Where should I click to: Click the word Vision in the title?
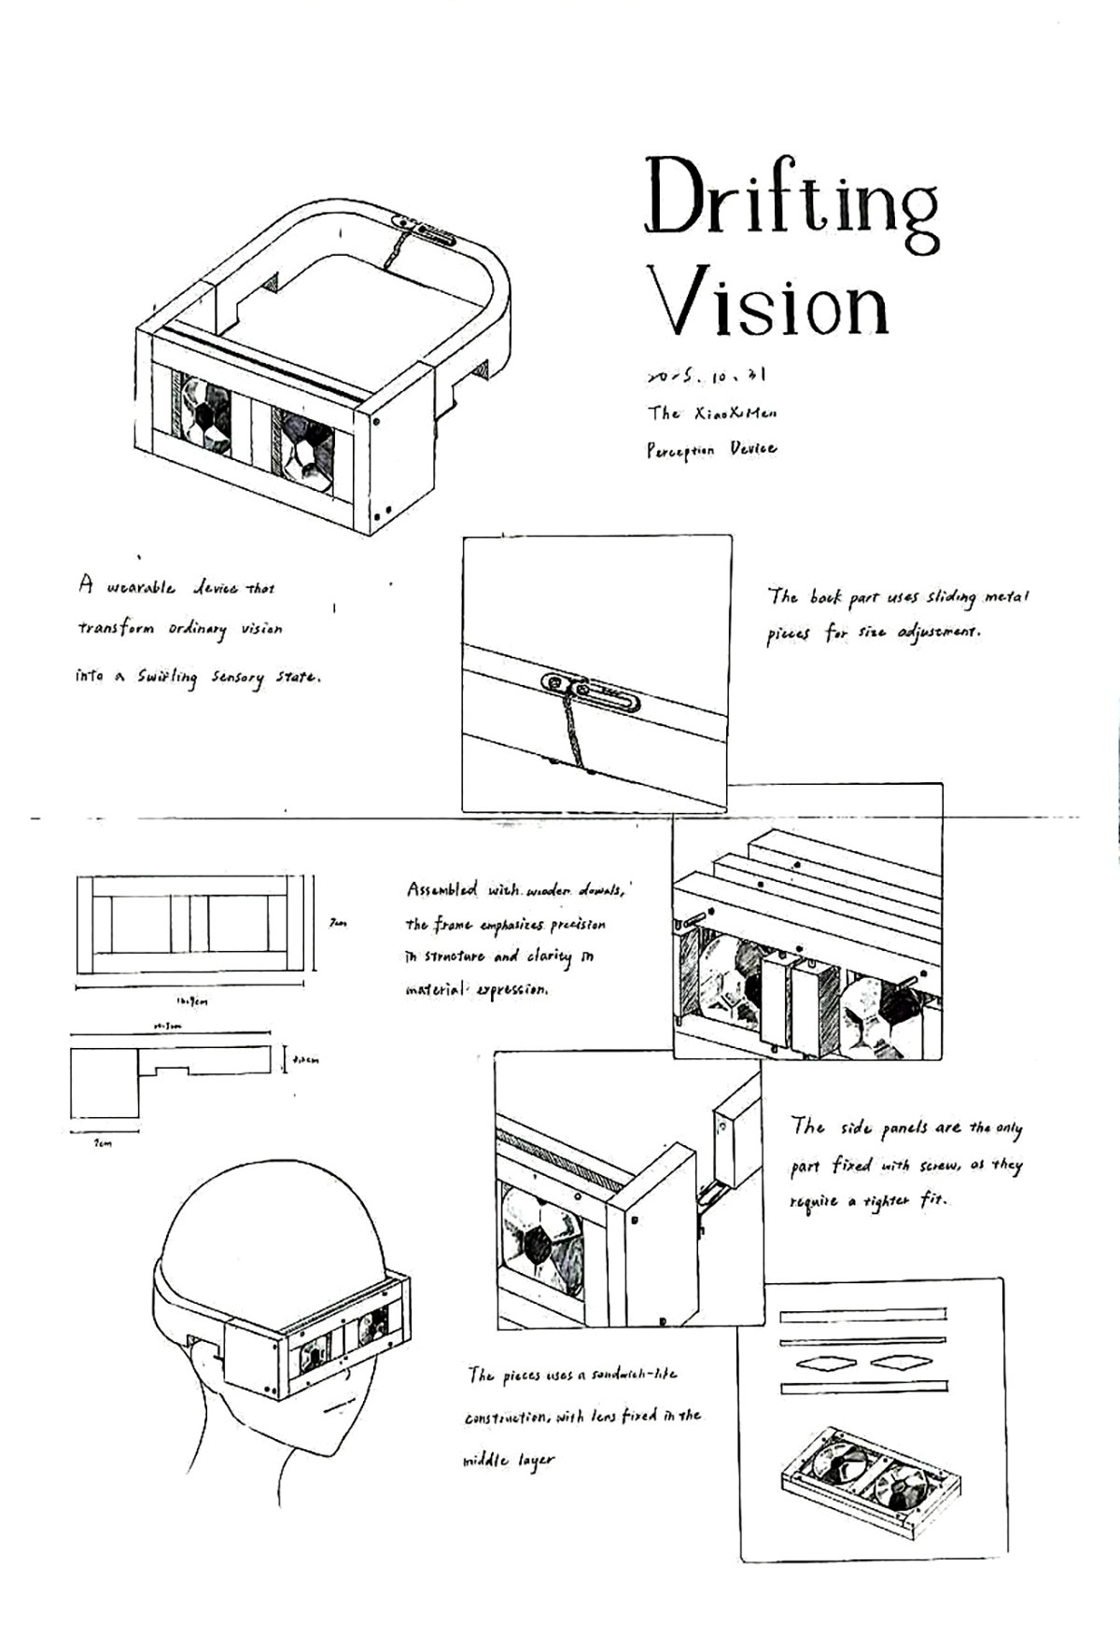pyautogui.click(x=769, y=301)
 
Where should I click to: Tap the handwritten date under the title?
pyautogui.click(x=706, y=376)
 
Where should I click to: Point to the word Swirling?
pyautogui.click(x=168, y=678)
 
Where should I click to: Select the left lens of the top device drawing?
pyautogui.click(x=205, y=414)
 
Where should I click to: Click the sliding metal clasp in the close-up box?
pyautogui.click(x=591, y=691)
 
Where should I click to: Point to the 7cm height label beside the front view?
pyautogui.click(x=338, y=923)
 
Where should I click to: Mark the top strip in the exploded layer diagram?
pyautogui.click(x=862, y=1315)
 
